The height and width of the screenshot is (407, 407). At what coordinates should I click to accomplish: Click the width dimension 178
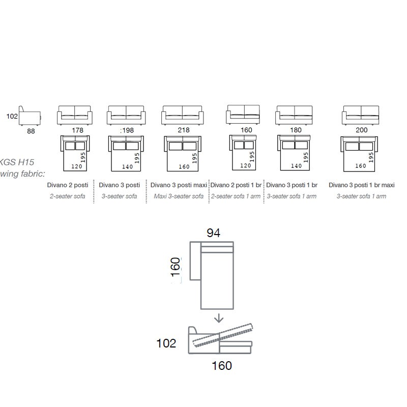pyautogui.click(x=78, y=130)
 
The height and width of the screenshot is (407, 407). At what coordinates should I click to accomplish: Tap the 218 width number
pyautogui.click(x=184, y=130)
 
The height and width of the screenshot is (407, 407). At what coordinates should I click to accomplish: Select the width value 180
pyautogui.click(x=296, y=130)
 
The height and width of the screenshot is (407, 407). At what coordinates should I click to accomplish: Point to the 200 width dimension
pyautogui.click(x=361, y=130)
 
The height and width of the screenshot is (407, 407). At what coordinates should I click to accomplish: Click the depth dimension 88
pyautogui.click(x=31, y=131)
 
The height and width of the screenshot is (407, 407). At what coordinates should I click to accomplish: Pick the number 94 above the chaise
pyautogui.click(x=213, y=233)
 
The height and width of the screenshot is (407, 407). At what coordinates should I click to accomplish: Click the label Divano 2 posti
pyautogui.click(x=68, y=185)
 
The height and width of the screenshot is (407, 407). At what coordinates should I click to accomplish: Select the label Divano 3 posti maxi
pyautogui.click(x=179, y=185)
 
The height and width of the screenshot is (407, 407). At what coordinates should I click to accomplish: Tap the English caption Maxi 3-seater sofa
pyautogui.click(x=179, y=196)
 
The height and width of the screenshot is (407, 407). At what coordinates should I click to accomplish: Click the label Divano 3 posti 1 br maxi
pyautogui.click(x=362, y=185)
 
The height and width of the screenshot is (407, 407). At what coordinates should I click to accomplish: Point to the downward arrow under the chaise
pyautogui.click(x=219, y=318)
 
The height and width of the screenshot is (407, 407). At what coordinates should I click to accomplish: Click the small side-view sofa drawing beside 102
pyautogui.click(x=30, y=116)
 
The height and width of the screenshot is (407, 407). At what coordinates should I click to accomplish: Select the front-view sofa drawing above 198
pyautogui.click(x=126, y=115)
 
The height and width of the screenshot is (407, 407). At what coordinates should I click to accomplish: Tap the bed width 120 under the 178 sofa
pyautogui.click(x=77, y=166)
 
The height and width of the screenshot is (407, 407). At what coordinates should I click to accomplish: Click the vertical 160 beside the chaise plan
pyautogui.click(x=176, y=267)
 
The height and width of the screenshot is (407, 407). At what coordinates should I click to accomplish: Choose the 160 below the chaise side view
pyautogui.click(x=222, y=366)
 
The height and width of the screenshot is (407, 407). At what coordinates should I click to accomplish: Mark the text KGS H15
pyautogui.click(x=17, y=162)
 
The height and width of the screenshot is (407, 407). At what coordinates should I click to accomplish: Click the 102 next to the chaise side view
pyautogui.click(x=166, y=343)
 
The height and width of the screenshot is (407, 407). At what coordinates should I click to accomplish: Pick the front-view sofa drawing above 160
pyautogui.click(x=243, y=114)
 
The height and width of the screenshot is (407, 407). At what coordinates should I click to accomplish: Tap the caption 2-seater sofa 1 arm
pyautogui.click(x=236, y=196)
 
